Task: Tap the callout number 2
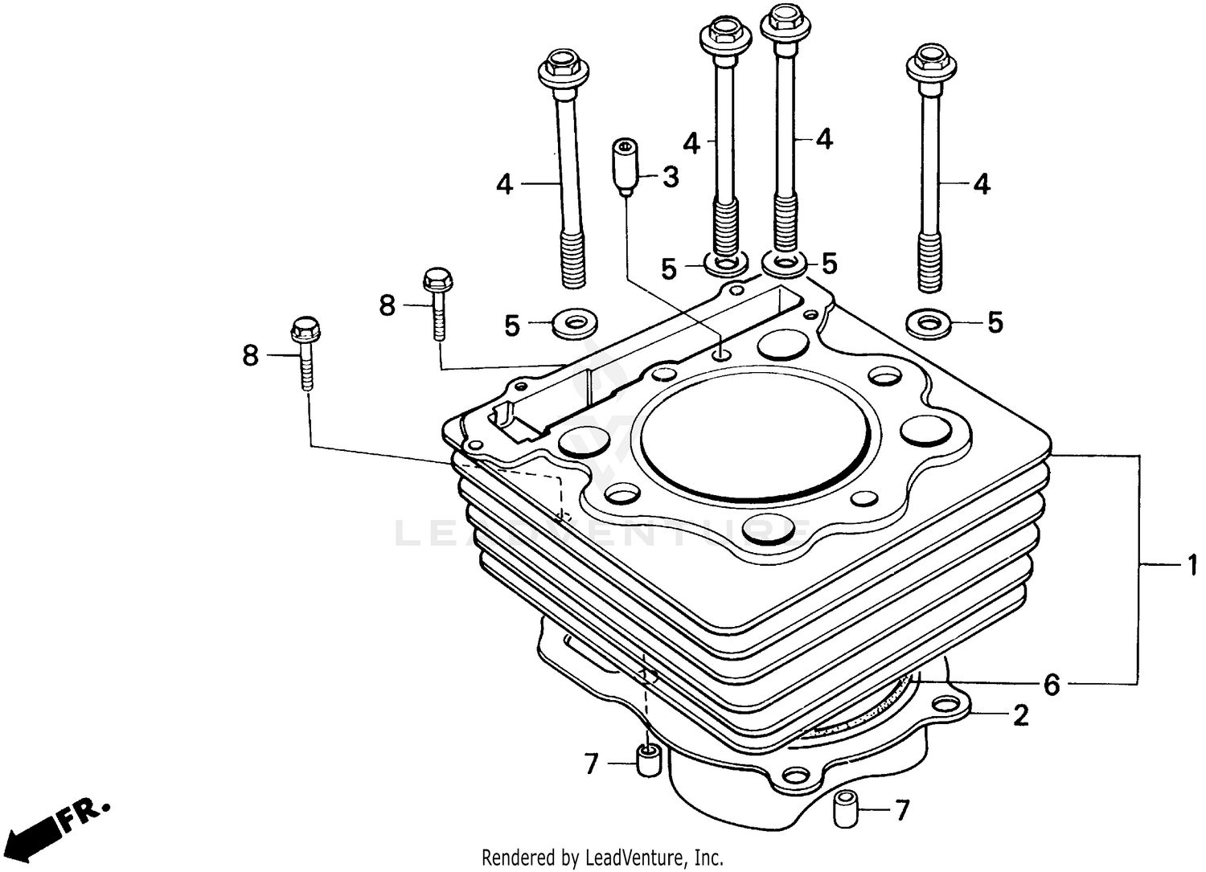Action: pyautogui.click(x=1020, y=714)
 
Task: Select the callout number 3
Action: pyautogui.click(x=670, y=177)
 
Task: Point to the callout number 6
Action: pyautogui.click(x=1052, y=685)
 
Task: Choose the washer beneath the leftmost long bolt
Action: pyautogui.click(x=574, y=325)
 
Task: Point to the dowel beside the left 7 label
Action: pyautogui.click(x=649, y=761)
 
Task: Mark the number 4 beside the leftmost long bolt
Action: pyautogui.click(x=504, y=185)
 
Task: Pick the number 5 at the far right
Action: pyautogui.click(x=995, y=323)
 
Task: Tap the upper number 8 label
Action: pyautogui.click(x=388, y=305)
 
